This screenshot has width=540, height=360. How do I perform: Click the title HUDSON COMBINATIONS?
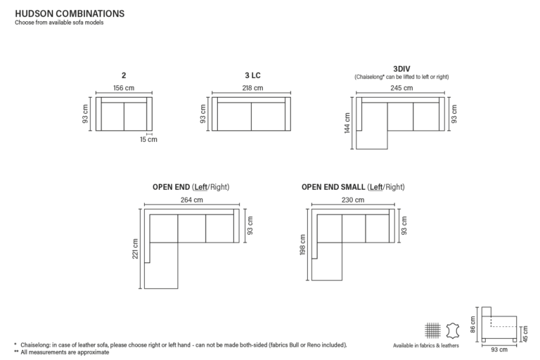click(70, 14)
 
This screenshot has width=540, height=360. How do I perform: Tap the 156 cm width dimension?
click(124, 88)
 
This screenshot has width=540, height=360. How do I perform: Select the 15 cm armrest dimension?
click(148, 139)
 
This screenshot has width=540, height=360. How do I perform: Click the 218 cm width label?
click(252, 88)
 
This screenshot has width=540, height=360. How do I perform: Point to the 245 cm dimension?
click(401, 88)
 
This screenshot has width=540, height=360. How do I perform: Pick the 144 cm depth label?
click(347, 123)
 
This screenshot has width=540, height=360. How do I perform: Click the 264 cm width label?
click(192, 200)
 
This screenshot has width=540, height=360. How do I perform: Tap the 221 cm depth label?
click(135, 249)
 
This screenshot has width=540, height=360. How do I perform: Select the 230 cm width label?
click(353, 200)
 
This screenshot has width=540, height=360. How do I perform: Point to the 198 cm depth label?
click(303, 245)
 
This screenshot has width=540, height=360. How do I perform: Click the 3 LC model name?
click(253, 75)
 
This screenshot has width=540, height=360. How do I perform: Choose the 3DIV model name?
click(401, 69)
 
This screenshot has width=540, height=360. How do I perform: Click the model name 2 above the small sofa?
click(124, 75)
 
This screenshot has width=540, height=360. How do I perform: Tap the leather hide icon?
click(453, 330)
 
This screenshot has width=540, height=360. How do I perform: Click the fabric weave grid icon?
click(432, 330)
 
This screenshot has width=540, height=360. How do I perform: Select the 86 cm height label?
click(472, 325)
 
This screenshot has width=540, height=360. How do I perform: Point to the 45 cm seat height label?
click(525, 334)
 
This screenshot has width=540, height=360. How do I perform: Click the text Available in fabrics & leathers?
click(426, 345)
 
